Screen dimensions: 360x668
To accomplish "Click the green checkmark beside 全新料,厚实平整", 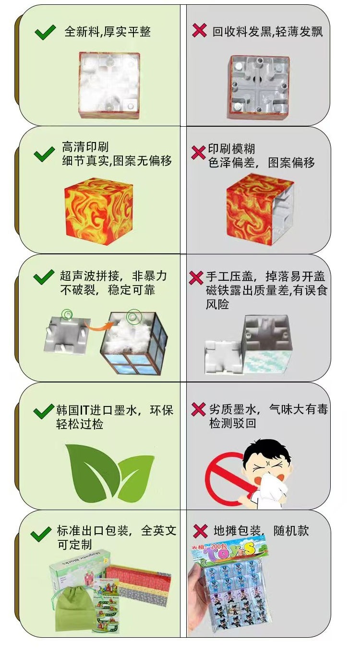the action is (x=45, y=32).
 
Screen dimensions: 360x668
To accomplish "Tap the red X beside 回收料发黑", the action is (x=199, y=30).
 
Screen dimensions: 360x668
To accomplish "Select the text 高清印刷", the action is (x=85, y=147).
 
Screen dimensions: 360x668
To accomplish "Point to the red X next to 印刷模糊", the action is (x=198, y=152).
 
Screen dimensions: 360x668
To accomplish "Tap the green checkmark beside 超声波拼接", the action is (x=44, y=277).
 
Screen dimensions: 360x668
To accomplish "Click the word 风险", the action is (x=217, y=304).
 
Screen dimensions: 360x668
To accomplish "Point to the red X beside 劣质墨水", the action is (x=198, y=409).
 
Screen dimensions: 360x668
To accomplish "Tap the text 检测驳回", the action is (x=233, y=423).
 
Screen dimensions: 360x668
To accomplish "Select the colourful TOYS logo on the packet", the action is (x=229, y=550).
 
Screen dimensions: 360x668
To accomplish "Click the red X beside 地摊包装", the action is (x=200, y=531).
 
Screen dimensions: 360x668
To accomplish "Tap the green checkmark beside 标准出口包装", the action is (x=41, y=534).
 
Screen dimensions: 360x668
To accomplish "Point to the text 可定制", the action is (x=74, y=545).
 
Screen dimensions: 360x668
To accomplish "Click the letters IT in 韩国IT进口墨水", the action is (x=84, y=410).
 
